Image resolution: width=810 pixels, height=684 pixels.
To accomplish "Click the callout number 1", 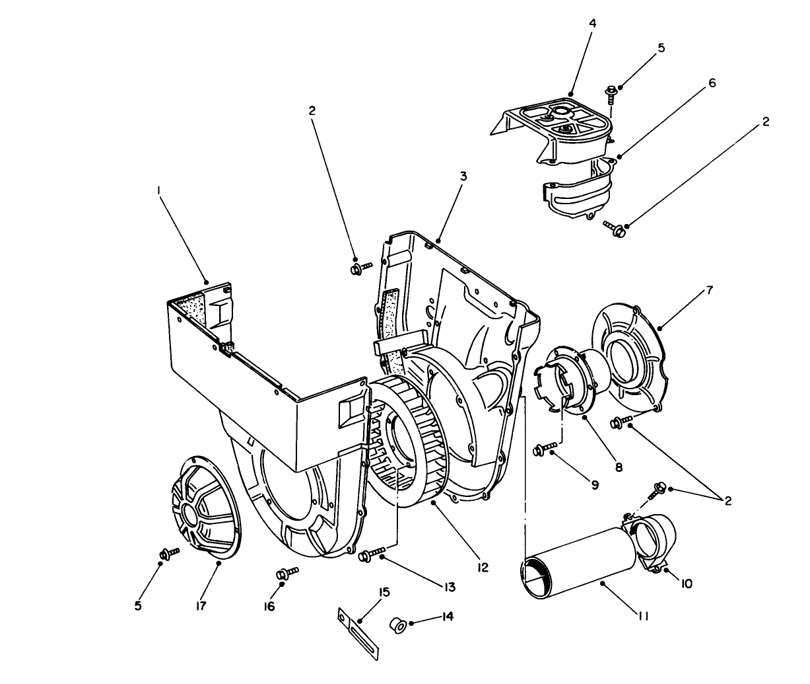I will (x=158, y=190).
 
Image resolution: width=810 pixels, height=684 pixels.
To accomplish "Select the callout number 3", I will (x=463, y=176).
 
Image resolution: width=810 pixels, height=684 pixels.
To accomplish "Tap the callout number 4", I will (x=592, y=23).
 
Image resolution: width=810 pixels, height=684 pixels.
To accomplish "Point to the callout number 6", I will (x=712, y=83).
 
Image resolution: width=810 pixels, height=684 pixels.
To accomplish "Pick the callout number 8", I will (x=619, y=467).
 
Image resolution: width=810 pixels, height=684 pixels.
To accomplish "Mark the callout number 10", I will (x=687, y=584).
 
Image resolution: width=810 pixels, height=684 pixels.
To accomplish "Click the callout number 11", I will (x=642, y=616).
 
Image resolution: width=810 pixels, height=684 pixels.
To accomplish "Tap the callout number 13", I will (x=450, y=586).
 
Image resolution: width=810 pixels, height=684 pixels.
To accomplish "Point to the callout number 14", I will (x=448, y=616).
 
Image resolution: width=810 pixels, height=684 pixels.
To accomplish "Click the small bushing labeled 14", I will (x=397, y=623).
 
